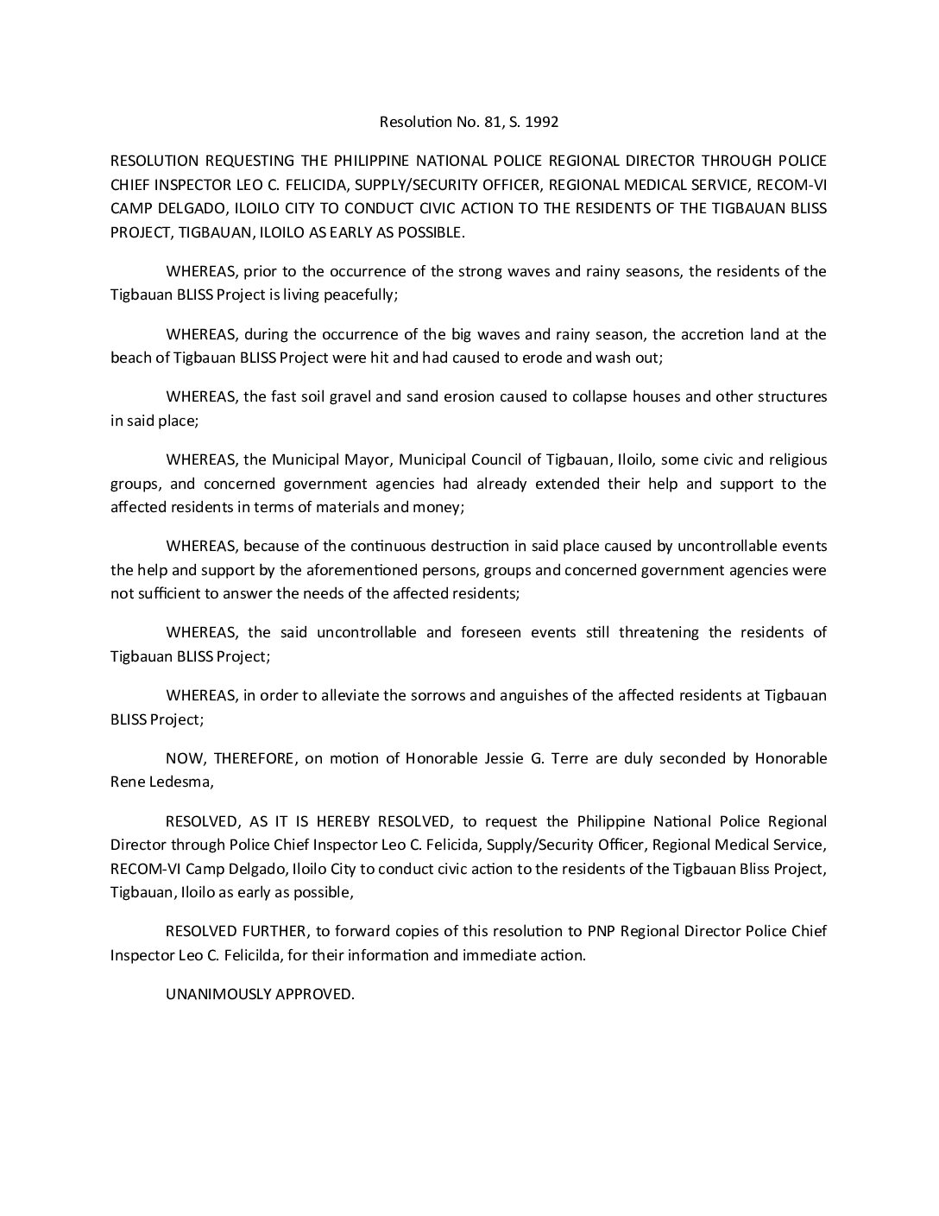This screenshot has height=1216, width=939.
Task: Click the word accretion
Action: click(720, 334)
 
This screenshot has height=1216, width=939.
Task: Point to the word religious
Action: click(794, 459)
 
